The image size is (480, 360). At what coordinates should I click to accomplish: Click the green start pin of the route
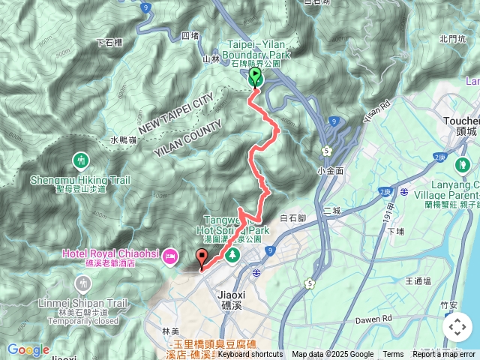[x=255, y=76]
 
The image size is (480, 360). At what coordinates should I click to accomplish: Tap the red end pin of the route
[x=202, y=257]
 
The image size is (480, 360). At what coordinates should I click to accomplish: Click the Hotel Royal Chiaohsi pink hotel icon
[x=169, y=256]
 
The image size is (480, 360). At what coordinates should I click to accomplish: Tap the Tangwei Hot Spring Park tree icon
[x=232, y=255]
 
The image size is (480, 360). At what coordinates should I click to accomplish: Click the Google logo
[x=28, y=349]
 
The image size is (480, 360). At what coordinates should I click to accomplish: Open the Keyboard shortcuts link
[x=250, y=355]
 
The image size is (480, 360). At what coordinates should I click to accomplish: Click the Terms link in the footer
[x=393, y=355]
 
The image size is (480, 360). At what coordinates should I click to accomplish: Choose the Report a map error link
[x=443, y=355]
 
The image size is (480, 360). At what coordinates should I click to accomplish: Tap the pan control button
[x=457, y=327]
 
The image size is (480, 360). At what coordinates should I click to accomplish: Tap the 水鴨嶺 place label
[x=123, y=139]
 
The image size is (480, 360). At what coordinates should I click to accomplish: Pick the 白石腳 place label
[x=293, y=218]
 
